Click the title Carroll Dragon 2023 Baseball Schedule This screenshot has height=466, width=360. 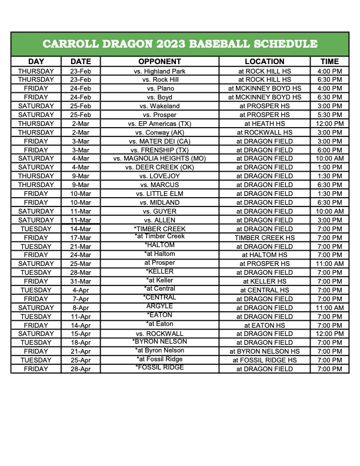pyautogui.click(x=180, y=44)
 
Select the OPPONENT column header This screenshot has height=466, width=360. pyautogui.click(x=159, y=61)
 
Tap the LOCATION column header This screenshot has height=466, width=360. pyautogui.click(x=264, y=61)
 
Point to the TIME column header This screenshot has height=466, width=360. pyautogui.click(x=329, y=61)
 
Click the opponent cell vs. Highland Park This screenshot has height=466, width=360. pyautogui.click(x=159, y=71)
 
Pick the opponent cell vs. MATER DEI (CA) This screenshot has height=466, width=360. pyautogui.click(x=159, y=141)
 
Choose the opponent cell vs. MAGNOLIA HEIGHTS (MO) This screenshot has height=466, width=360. pyautogui.click(x=159, y=159)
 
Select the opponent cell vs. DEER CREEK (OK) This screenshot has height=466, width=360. pyautogui.click(x=159, y=167)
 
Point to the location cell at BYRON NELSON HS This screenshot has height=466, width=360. pyautogui.click(x=264, y=351)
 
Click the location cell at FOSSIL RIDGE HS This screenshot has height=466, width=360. pyautogui.click(x=264, y=360)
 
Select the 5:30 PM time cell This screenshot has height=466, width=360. pyautogui.click(x=329, y=115)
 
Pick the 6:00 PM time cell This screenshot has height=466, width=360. pyautogui.click(x=329, y=150)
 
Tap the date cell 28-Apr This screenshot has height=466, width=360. pyautogui.click(x=81, y=369)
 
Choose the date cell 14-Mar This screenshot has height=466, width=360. pyautogui.click(x=81, y=229)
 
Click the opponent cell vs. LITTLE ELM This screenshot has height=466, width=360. pyautogui.click(x=159, y=194)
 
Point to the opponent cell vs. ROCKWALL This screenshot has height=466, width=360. pyautogui.click(x=159, y=334)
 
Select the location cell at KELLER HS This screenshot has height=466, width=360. pyautogui.click(x=264, y=281)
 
